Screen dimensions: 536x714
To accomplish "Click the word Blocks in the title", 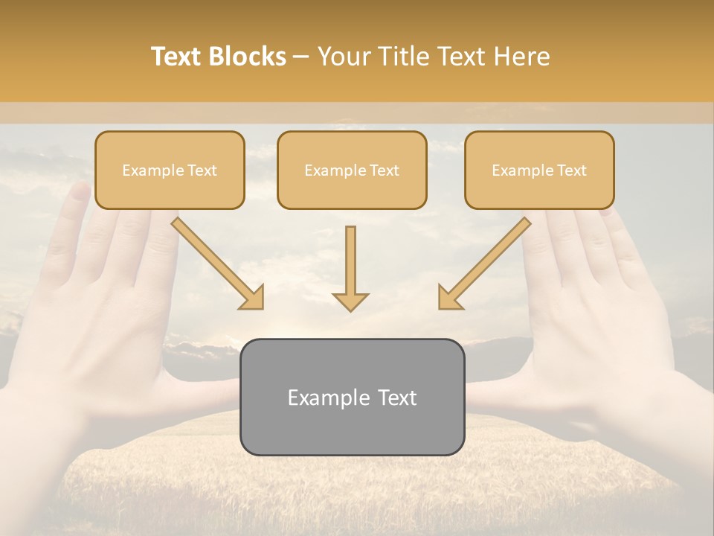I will (x=248, y=57).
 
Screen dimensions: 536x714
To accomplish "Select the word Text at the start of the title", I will (x=177, y=57).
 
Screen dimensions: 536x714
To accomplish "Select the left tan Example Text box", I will (x=170, y=170).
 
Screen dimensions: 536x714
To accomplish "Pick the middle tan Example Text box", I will (x=352, y=170).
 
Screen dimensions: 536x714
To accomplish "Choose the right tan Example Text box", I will (x=539, y=170).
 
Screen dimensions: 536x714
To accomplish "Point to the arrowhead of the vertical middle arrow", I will (x=350, y=301).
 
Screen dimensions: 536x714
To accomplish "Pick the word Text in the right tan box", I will (x=571, y=170).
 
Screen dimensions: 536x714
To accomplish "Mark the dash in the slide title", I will (x=301, y=57).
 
